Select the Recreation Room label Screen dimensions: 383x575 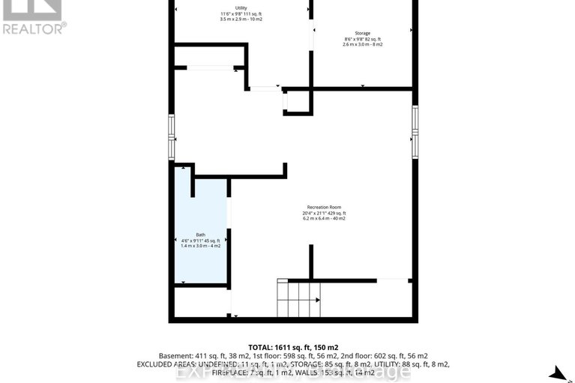[x=325, y=207]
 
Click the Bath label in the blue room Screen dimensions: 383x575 [x=200, y=235]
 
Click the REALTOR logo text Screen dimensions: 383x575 [x=34, y=29]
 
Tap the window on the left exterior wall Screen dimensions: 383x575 [x=172, y=136]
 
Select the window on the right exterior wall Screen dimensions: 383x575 [x=415, y=131]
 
